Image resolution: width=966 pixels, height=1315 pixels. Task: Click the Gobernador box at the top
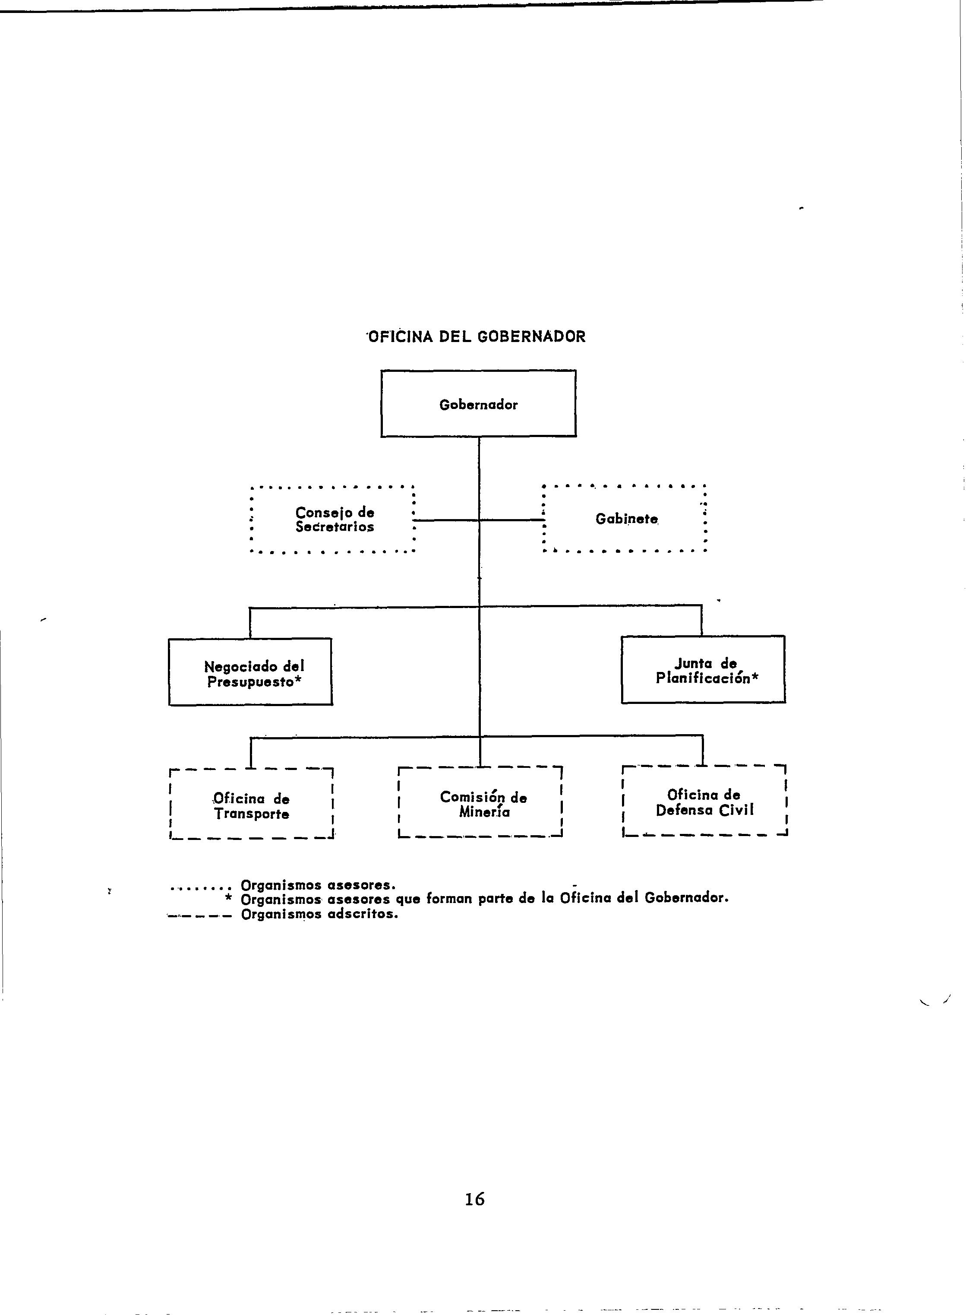click(x=478, y=404)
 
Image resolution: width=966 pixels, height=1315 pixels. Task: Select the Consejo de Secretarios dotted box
click(x=332, y=519)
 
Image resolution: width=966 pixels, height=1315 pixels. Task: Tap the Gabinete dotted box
click(x=625, y=519)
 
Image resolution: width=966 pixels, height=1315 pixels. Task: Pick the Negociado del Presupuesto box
click(x=250, y=672)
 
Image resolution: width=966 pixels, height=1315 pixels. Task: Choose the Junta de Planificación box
click(x=703, y=670)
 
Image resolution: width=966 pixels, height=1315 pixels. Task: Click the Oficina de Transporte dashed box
click(x=251, y=804)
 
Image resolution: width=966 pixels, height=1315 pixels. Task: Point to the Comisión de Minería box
click(x=480, y=802)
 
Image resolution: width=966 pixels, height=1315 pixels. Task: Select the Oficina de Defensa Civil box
click(x=704, y=800)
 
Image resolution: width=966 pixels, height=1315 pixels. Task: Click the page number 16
click(x=475, y=1199)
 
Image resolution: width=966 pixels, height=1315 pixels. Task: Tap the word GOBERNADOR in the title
click(x=531, y=337)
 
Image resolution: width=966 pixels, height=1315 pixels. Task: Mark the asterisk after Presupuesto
click(x=298, y=680)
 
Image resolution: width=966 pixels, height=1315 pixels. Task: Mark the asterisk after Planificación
click(x=754, y=678)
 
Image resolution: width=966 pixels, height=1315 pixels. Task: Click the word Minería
click(x=484, y=812)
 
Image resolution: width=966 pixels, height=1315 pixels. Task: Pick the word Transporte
click(x=252, y=814)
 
